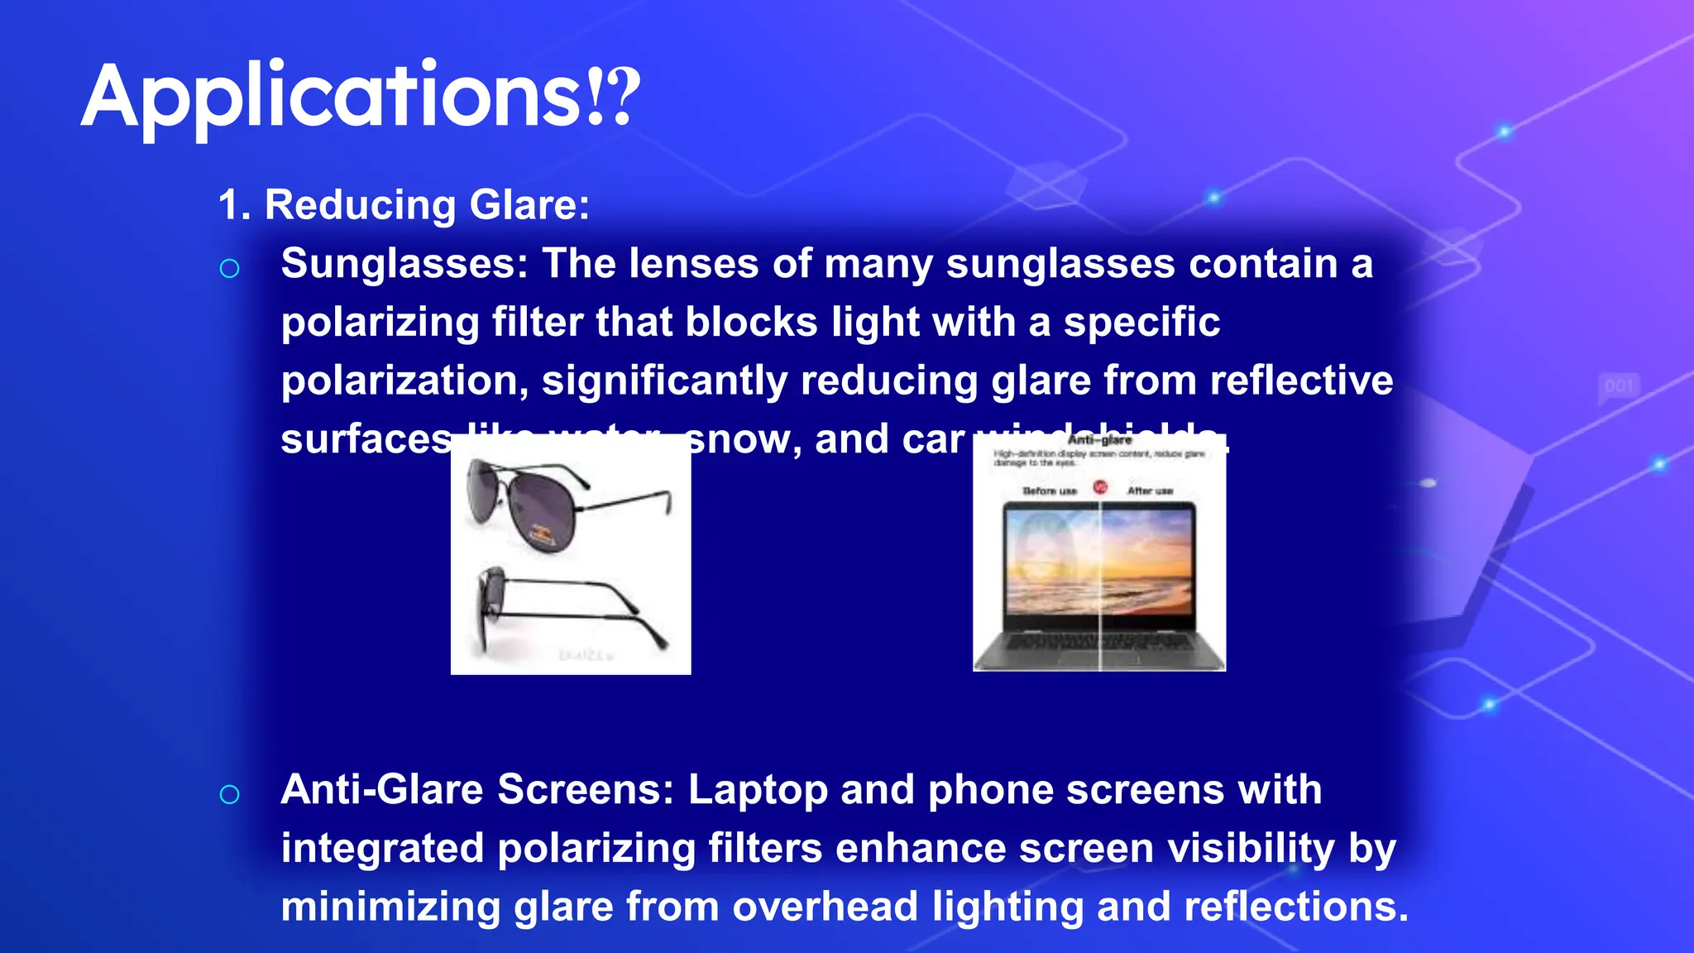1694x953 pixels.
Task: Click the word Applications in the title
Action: pos(331,98)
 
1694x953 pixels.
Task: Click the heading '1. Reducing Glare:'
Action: pos(404,205)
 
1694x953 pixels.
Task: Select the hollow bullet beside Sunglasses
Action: pos(229,269)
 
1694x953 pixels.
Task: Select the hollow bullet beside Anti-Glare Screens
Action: pos(229,795)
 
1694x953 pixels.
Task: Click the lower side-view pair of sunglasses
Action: pos(571,608)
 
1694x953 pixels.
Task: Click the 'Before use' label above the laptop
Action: pos(1049,491)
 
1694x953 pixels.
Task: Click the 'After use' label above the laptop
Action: pos(1150,491)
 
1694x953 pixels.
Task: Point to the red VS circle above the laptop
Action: pos(1100,487)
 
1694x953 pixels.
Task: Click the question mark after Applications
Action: pos(626,98)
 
